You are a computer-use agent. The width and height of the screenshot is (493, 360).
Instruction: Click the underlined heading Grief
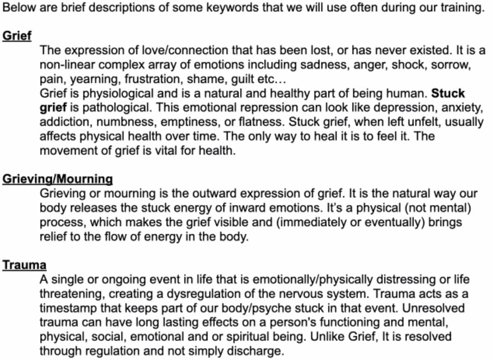17,36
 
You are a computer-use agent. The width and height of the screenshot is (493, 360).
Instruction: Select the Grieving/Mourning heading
57,179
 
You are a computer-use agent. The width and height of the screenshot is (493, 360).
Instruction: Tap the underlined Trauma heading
24,265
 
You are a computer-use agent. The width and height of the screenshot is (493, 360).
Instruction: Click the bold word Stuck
448,93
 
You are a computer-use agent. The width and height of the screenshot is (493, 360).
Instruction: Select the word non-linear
62,65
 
